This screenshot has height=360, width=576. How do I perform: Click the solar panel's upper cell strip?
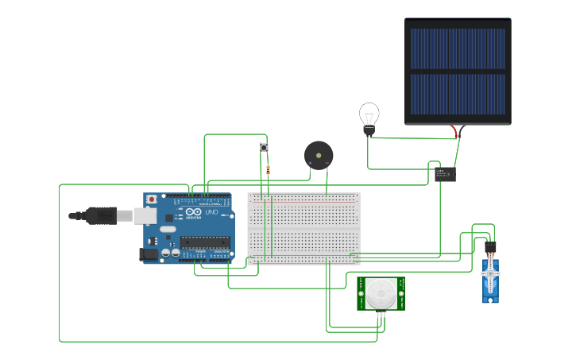click(x=458, y=48)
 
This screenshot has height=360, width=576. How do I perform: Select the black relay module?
click(x=445, y=174)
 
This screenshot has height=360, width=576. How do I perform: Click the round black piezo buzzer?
click(x=319, y=155)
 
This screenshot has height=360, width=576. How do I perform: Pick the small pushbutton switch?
click(x=264, y=147)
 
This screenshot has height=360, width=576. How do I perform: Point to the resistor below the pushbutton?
click(x=268, y=169)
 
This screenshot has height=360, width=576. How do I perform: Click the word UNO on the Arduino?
click(x=211, y=213)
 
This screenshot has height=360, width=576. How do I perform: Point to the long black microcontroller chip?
click(x=204, y=242)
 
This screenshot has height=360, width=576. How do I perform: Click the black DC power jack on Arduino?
click(x=149, y=254)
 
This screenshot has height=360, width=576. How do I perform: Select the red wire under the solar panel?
click(x=454, y=131)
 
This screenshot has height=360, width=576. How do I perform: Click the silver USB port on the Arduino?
click(x=144, y=215)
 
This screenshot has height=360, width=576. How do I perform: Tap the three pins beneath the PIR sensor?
click(x=381, y=315)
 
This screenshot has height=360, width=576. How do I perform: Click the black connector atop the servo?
click(x=490, y=247)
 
